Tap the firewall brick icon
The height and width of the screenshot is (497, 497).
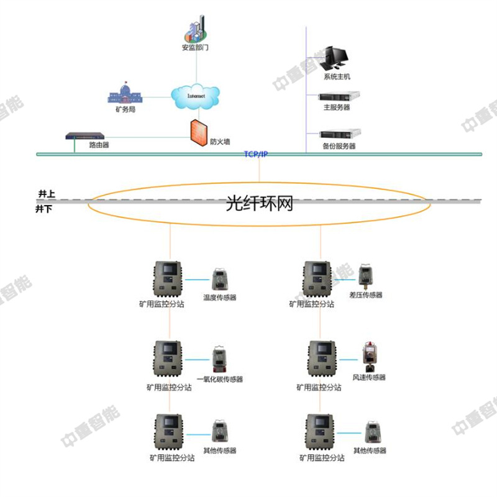click(198, 132)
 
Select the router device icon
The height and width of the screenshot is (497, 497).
click(88, 135)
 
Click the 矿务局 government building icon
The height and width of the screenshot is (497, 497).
click(125, 94)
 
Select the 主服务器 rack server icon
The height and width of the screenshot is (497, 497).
click(339, 96)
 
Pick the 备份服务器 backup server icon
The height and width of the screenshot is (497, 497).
click(339, 133)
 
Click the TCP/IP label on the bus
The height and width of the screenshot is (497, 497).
click(255, 153)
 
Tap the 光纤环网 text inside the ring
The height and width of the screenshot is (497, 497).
click(259, 204)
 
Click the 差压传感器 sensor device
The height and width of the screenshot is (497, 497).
click(365, 276)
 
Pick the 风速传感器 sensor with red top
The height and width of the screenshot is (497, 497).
click(369, 357)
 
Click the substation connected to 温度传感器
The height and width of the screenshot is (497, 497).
click(168, 279)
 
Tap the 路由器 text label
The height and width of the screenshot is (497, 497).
click(99, 145)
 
